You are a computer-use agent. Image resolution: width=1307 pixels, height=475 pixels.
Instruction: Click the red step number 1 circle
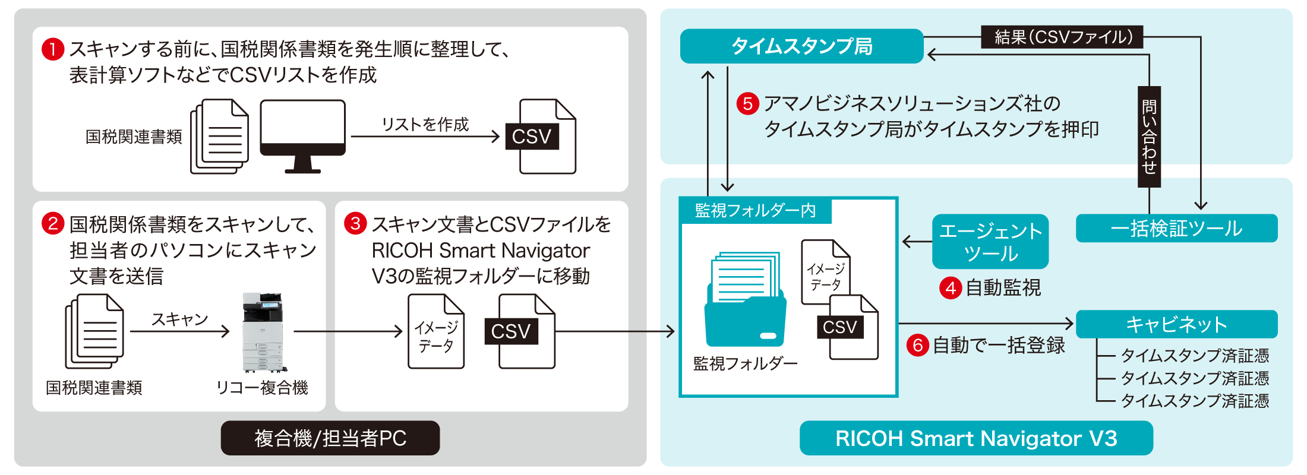pos(52,49)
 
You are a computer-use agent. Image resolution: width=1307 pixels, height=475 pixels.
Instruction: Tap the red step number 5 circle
pos(747,104)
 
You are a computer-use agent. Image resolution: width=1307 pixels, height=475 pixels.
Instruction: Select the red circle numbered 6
pos(917,345)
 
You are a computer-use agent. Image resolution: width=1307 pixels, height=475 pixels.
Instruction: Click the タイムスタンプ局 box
pos(801,46)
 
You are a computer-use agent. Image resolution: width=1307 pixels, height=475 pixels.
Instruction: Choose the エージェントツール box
pos(990,242)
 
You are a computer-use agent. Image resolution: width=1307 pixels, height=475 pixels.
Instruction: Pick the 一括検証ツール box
pos(1176,229)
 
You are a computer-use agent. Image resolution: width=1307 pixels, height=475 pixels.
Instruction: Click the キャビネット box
pos(1176,324)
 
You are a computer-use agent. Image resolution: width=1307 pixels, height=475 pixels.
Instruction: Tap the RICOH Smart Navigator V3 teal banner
pos(976,438)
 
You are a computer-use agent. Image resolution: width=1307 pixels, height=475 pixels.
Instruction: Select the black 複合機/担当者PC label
pos(330,438)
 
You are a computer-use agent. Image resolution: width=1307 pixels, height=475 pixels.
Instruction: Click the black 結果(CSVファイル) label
pos(1062,37)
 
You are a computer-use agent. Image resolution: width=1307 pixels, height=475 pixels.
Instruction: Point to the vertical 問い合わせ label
pos(1149,137)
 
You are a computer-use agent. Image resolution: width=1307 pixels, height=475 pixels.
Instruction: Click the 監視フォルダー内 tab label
pos(755,211)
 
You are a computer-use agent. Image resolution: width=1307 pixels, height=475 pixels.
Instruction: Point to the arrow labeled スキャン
pos(179,331)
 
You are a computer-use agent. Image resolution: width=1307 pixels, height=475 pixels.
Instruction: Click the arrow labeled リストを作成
pos(425,137)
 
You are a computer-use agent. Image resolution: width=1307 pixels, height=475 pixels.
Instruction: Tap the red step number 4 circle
pos(950,289)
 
